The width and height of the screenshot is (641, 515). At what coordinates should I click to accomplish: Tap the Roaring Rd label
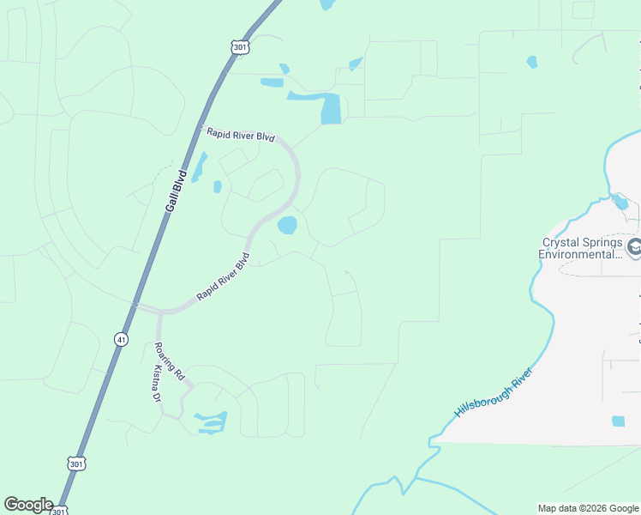tap(169, 361)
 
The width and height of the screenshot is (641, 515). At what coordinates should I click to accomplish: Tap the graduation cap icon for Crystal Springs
tap(634, 248)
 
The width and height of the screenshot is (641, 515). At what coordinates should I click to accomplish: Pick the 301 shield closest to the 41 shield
tap(75, 463)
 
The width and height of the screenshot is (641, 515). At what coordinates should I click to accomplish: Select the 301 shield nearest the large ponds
tap(240, 47)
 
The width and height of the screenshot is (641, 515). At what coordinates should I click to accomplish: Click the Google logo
tap(28, 505)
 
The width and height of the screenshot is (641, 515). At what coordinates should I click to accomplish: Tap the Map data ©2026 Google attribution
tap(587, 508)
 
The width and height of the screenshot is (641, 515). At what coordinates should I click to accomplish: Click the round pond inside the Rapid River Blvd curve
tap(287, 226)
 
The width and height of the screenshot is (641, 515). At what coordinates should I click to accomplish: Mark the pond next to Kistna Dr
tap(212, 421)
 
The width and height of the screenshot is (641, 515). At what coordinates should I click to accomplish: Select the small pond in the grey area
tap(619, 421)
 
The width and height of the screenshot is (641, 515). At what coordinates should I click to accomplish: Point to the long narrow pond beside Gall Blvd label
tap(199, 167)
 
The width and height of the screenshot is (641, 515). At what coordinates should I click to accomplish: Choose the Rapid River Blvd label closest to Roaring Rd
tap(222, 276)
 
